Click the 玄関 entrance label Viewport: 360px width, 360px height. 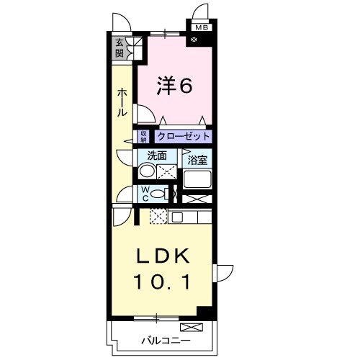pos(120,48)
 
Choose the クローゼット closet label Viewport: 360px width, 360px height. pos(184,135)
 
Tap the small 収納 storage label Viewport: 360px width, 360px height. pos(144,135)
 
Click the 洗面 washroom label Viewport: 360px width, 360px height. pos(157,156)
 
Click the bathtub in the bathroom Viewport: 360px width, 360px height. pos(197,180)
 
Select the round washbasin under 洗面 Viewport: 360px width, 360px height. pos(146,171)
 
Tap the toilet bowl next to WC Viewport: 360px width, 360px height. pos(161,192)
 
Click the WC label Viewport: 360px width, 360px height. pos(145,193)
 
